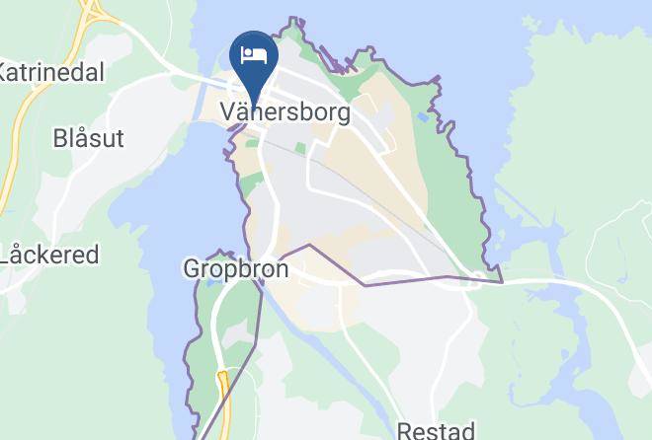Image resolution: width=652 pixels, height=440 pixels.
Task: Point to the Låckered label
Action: tap(49, 255)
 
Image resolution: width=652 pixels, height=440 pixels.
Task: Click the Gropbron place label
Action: tap(236, 268)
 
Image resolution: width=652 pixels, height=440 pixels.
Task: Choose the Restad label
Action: tap(436, 429)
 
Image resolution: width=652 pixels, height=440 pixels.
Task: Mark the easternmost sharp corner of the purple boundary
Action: tap(503, 282)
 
